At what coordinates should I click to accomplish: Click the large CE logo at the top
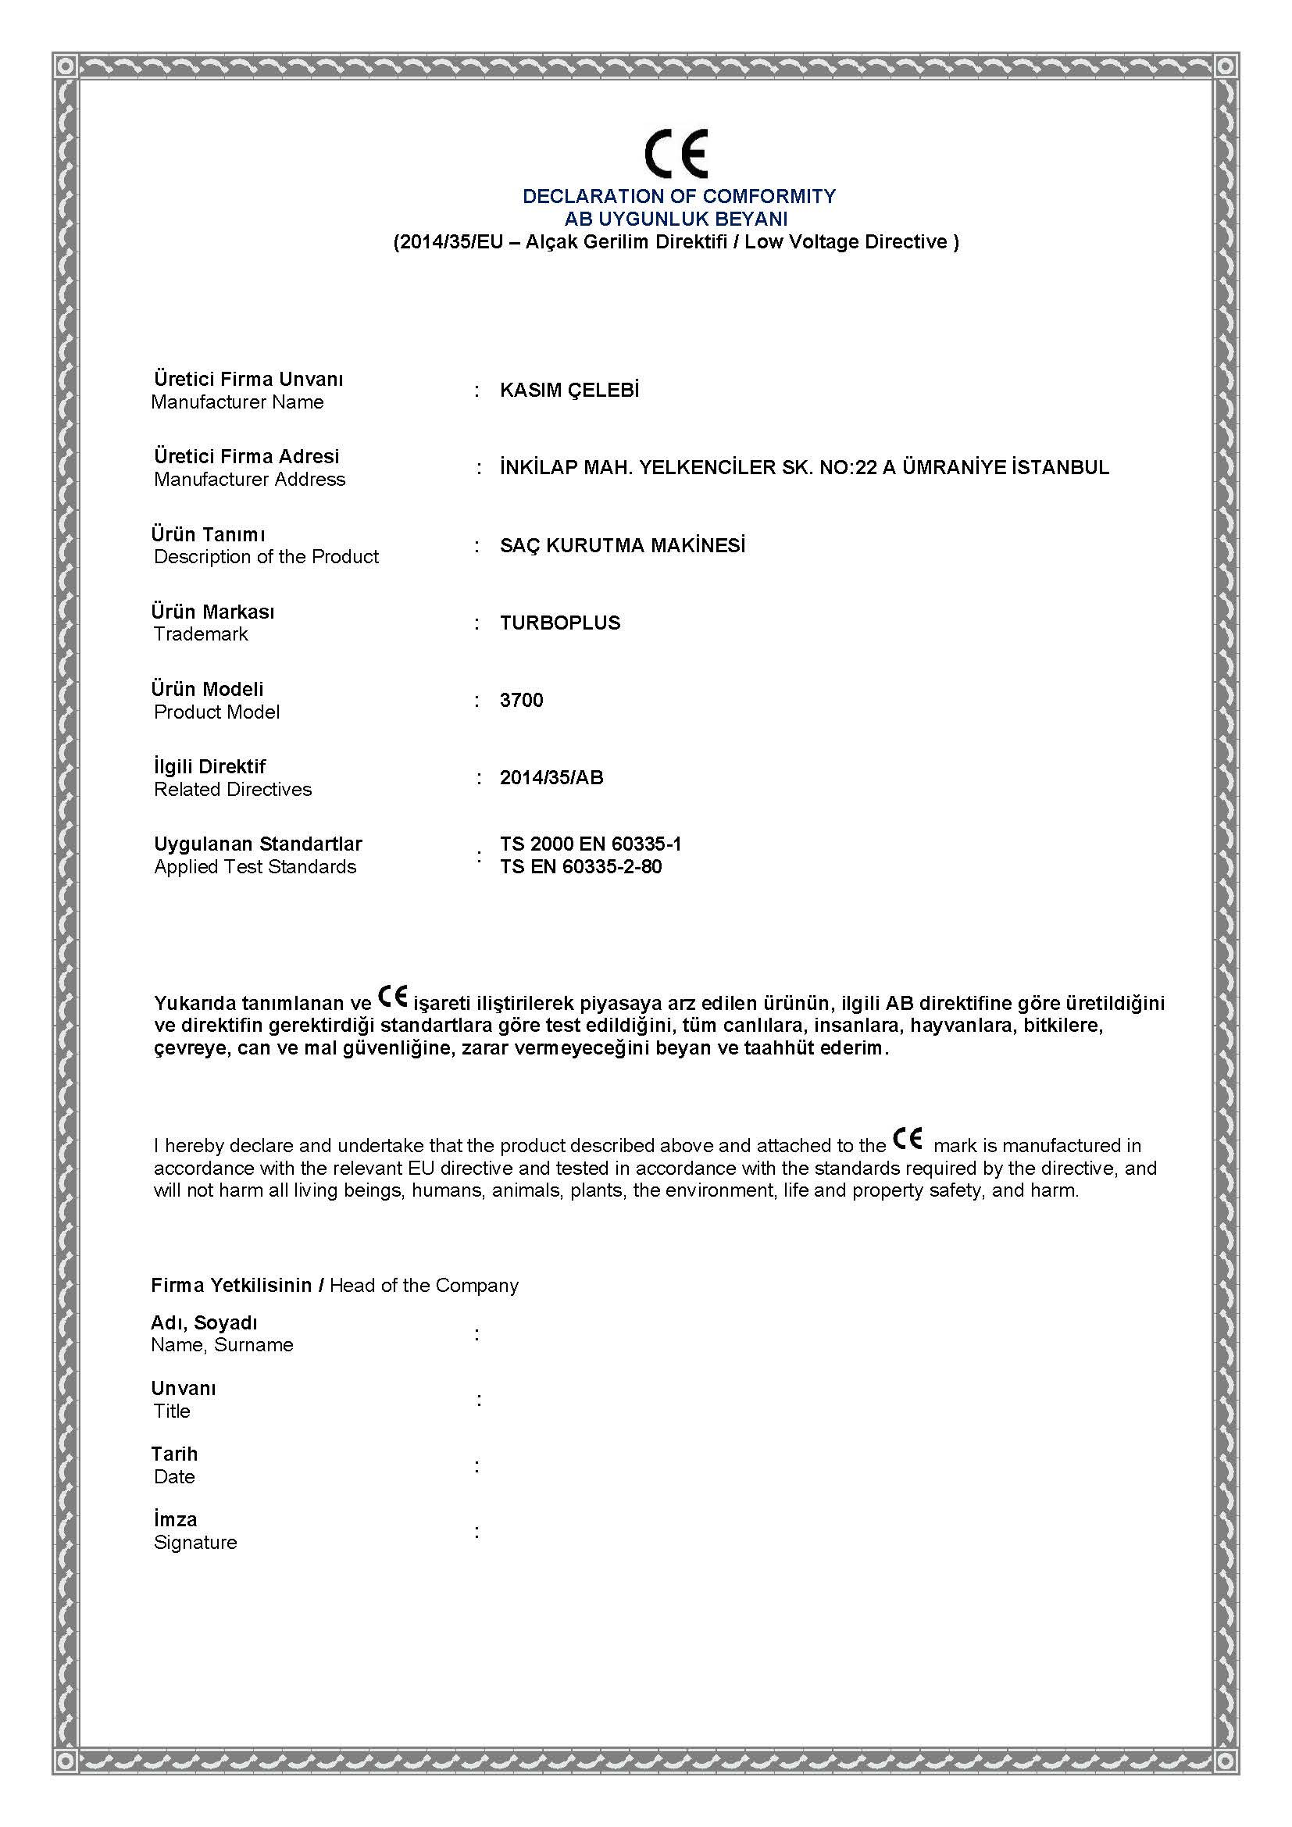[676, 153]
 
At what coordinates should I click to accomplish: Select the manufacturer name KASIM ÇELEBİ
[569, 390]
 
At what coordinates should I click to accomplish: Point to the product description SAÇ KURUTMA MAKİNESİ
[622, 545]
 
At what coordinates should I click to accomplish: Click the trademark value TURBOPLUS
[560, 623]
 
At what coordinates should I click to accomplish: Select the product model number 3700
[521, 700]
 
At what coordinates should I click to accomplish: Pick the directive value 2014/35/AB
[551, 777]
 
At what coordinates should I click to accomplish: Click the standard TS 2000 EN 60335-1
[591, 844]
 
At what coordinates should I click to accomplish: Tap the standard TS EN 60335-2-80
[580, 866]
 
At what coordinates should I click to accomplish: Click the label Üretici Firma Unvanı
[248, 379]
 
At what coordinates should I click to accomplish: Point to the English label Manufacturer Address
[250, 479]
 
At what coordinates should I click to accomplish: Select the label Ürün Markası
[212, 611]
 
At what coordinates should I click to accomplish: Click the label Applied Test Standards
[255, 866]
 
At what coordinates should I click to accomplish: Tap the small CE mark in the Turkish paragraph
[392, 995]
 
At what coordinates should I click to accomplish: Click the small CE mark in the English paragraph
[908, 1139]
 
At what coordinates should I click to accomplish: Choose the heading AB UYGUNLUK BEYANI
[676, 218]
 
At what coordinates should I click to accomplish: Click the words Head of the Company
[423, 1285]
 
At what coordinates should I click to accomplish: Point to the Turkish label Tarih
[174, 1454]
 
